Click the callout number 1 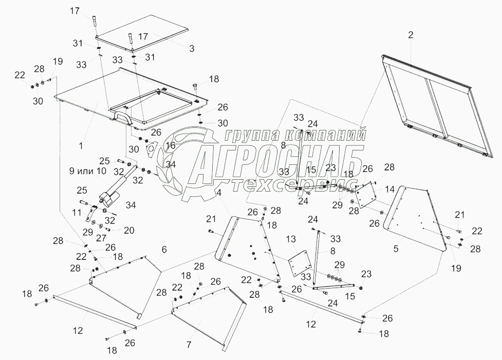(81, 146)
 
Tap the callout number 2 (410, 35)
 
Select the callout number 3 (191, 49)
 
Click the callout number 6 (164, 249)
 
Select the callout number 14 (391, 188)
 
